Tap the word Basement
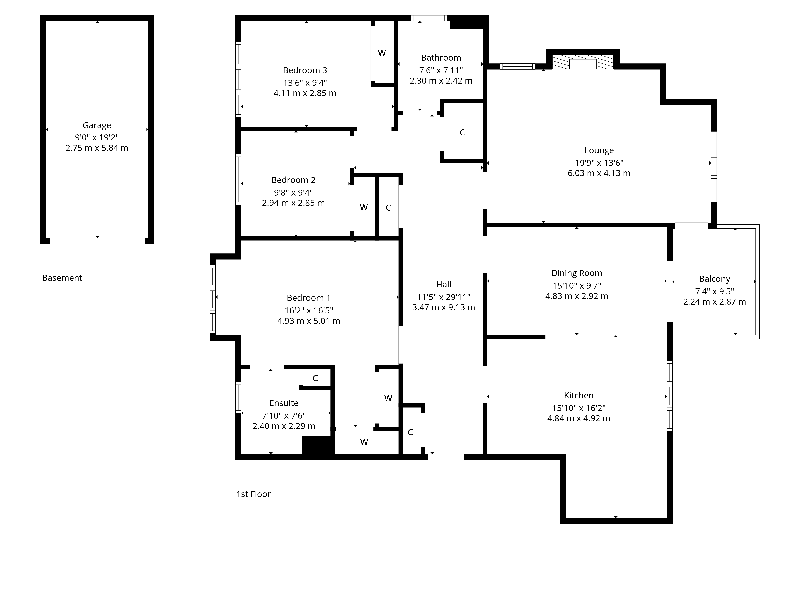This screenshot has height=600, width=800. (62, 278)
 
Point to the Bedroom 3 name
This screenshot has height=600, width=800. (305, 70)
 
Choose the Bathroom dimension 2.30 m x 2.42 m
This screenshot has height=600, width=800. (441, 81)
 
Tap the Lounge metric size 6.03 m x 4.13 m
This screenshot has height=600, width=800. (599, 173)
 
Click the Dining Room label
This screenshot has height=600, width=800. (576, 273)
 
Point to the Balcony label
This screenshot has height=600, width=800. (714, 279)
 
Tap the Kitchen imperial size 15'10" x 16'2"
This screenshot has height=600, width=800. (578, 408)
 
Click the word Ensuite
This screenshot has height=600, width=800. (284, 403)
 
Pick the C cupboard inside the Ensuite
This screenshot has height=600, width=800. (315, 378)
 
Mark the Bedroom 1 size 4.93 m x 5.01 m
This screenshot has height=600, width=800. (308, 321)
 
